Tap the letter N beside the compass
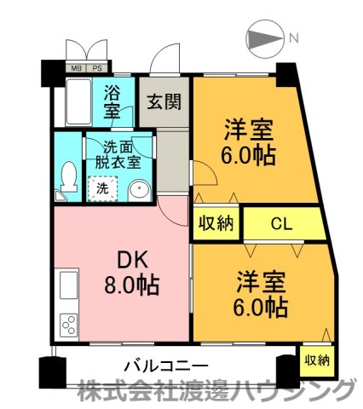tap(293, 38)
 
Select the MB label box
tap(77, 68)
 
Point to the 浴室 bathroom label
tap(113, 101)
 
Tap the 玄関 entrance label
tap(164, 101)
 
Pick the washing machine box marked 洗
tap(102, 187)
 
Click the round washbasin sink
tap(139, 190)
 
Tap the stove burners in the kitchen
tap(68, 324)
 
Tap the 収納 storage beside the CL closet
tap(216, 225)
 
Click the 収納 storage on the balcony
tap(317, 360)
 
